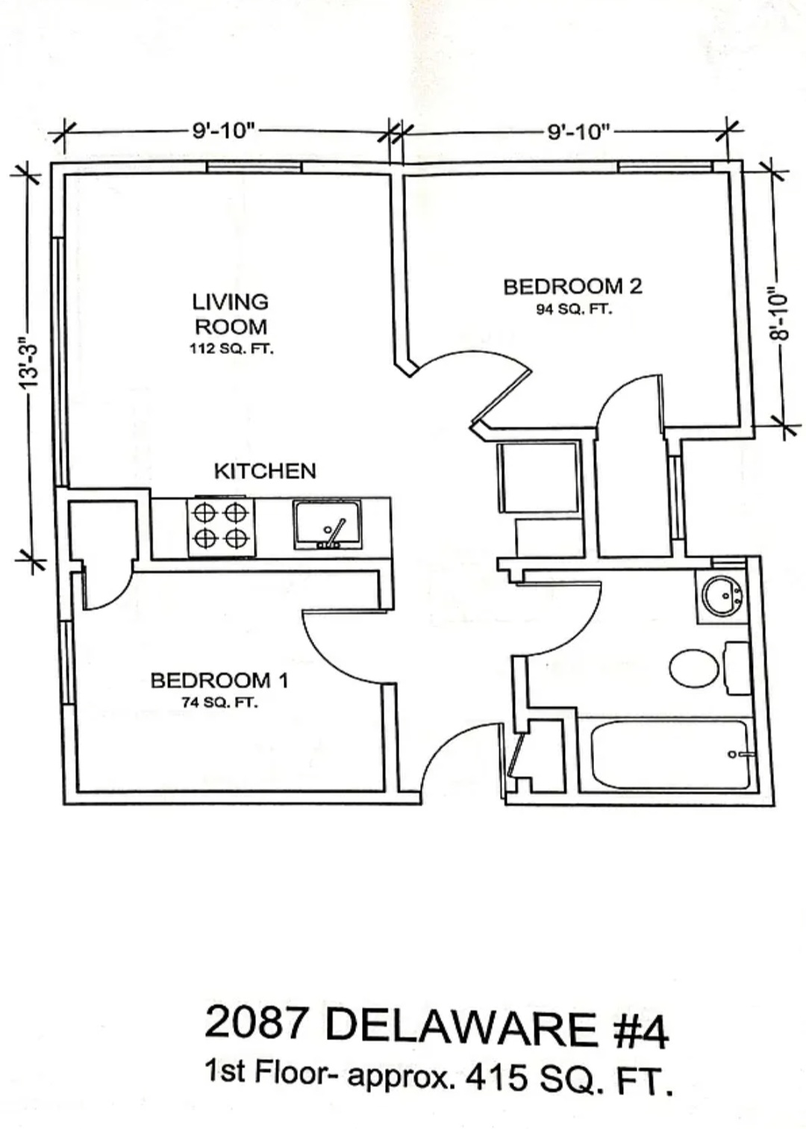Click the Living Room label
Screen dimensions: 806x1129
(231, 314)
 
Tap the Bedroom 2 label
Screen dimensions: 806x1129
(573, 287)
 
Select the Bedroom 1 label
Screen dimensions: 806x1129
(219, 681)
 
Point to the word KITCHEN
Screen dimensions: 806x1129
(266, 471)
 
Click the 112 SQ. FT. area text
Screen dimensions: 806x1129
(231, 349)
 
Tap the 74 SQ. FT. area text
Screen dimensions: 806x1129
(220, 703)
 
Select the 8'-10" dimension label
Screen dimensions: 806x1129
(778, 314)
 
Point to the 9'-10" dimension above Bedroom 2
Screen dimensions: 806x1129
(579, 133)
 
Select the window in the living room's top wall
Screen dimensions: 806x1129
(254, 167)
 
